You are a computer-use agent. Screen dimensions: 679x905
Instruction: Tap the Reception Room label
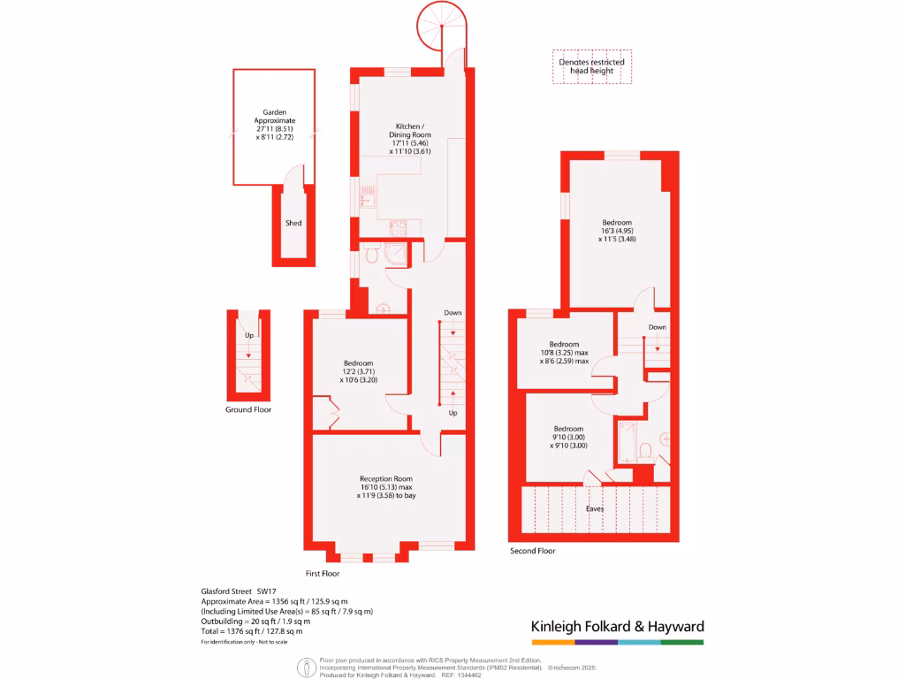coord(385,487)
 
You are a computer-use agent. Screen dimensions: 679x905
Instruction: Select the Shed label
coord(293,224)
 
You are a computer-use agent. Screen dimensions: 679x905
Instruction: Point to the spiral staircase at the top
coord(439,27)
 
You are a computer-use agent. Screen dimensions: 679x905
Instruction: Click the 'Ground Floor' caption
coord(248,410)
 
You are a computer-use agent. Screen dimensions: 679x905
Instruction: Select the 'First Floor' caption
coord(323,573)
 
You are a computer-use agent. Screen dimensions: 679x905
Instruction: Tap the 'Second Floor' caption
coord(533,551)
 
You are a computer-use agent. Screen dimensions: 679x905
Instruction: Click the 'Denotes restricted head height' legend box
coord(591,66)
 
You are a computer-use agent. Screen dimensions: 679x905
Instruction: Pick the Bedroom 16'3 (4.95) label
coord(617,230)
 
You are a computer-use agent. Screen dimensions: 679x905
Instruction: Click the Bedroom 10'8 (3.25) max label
coord(564,352)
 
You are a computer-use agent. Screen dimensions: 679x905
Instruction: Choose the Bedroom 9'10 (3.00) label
coord(568,437)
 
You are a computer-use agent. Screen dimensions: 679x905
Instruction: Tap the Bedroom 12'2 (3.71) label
coord(358,372)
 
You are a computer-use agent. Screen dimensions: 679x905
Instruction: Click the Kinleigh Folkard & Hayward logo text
coord(617,627)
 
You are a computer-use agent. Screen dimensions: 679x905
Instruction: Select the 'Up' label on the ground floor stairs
coord(249,336)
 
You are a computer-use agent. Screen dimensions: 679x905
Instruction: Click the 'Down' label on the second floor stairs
coord(657,327)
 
